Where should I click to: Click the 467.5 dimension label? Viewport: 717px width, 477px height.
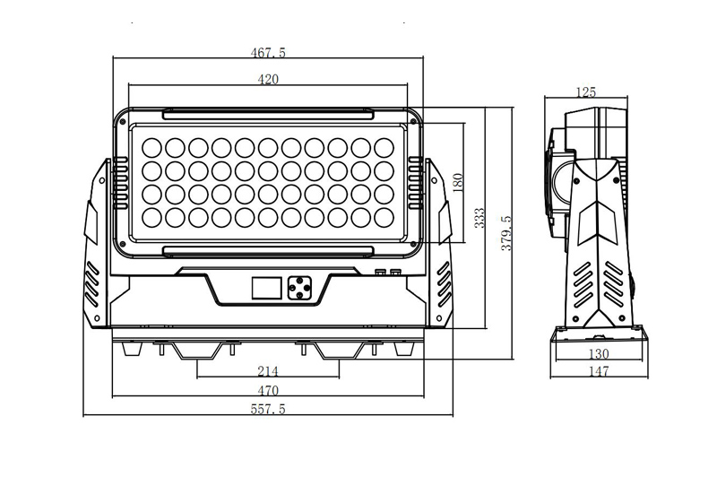pyautogui.click(x=268, y=53)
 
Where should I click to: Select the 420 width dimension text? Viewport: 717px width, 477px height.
pyautogui.click(x=268, y=80)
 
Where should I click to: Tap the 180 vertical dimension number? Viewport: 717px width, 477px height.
pyautogui.click(x=457, y=182)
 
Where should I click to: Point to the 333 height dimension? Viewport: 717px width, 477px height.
pyautogui.click(x=479, y=218)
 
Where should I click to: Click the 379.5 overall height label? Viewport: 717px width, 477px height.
pyautogui.click(x=506, y=233)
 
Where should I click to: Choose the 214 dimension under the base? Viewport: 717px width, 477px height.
pyautogui.click(x=268, y=371)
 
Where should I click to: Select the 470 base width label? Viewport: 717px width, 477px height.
pyautogui.click(x=268, y=391)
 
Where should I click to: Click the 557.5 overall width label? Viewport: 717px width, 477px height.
pyautogui.click(x=268, y=409)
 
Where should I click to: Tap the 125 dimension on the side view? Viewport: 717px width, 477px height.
pyautogui.click(x=586, y=92)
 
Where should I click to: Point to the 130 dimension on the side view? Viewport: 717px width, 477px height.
pyautogui.click(x=599, y=353)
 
